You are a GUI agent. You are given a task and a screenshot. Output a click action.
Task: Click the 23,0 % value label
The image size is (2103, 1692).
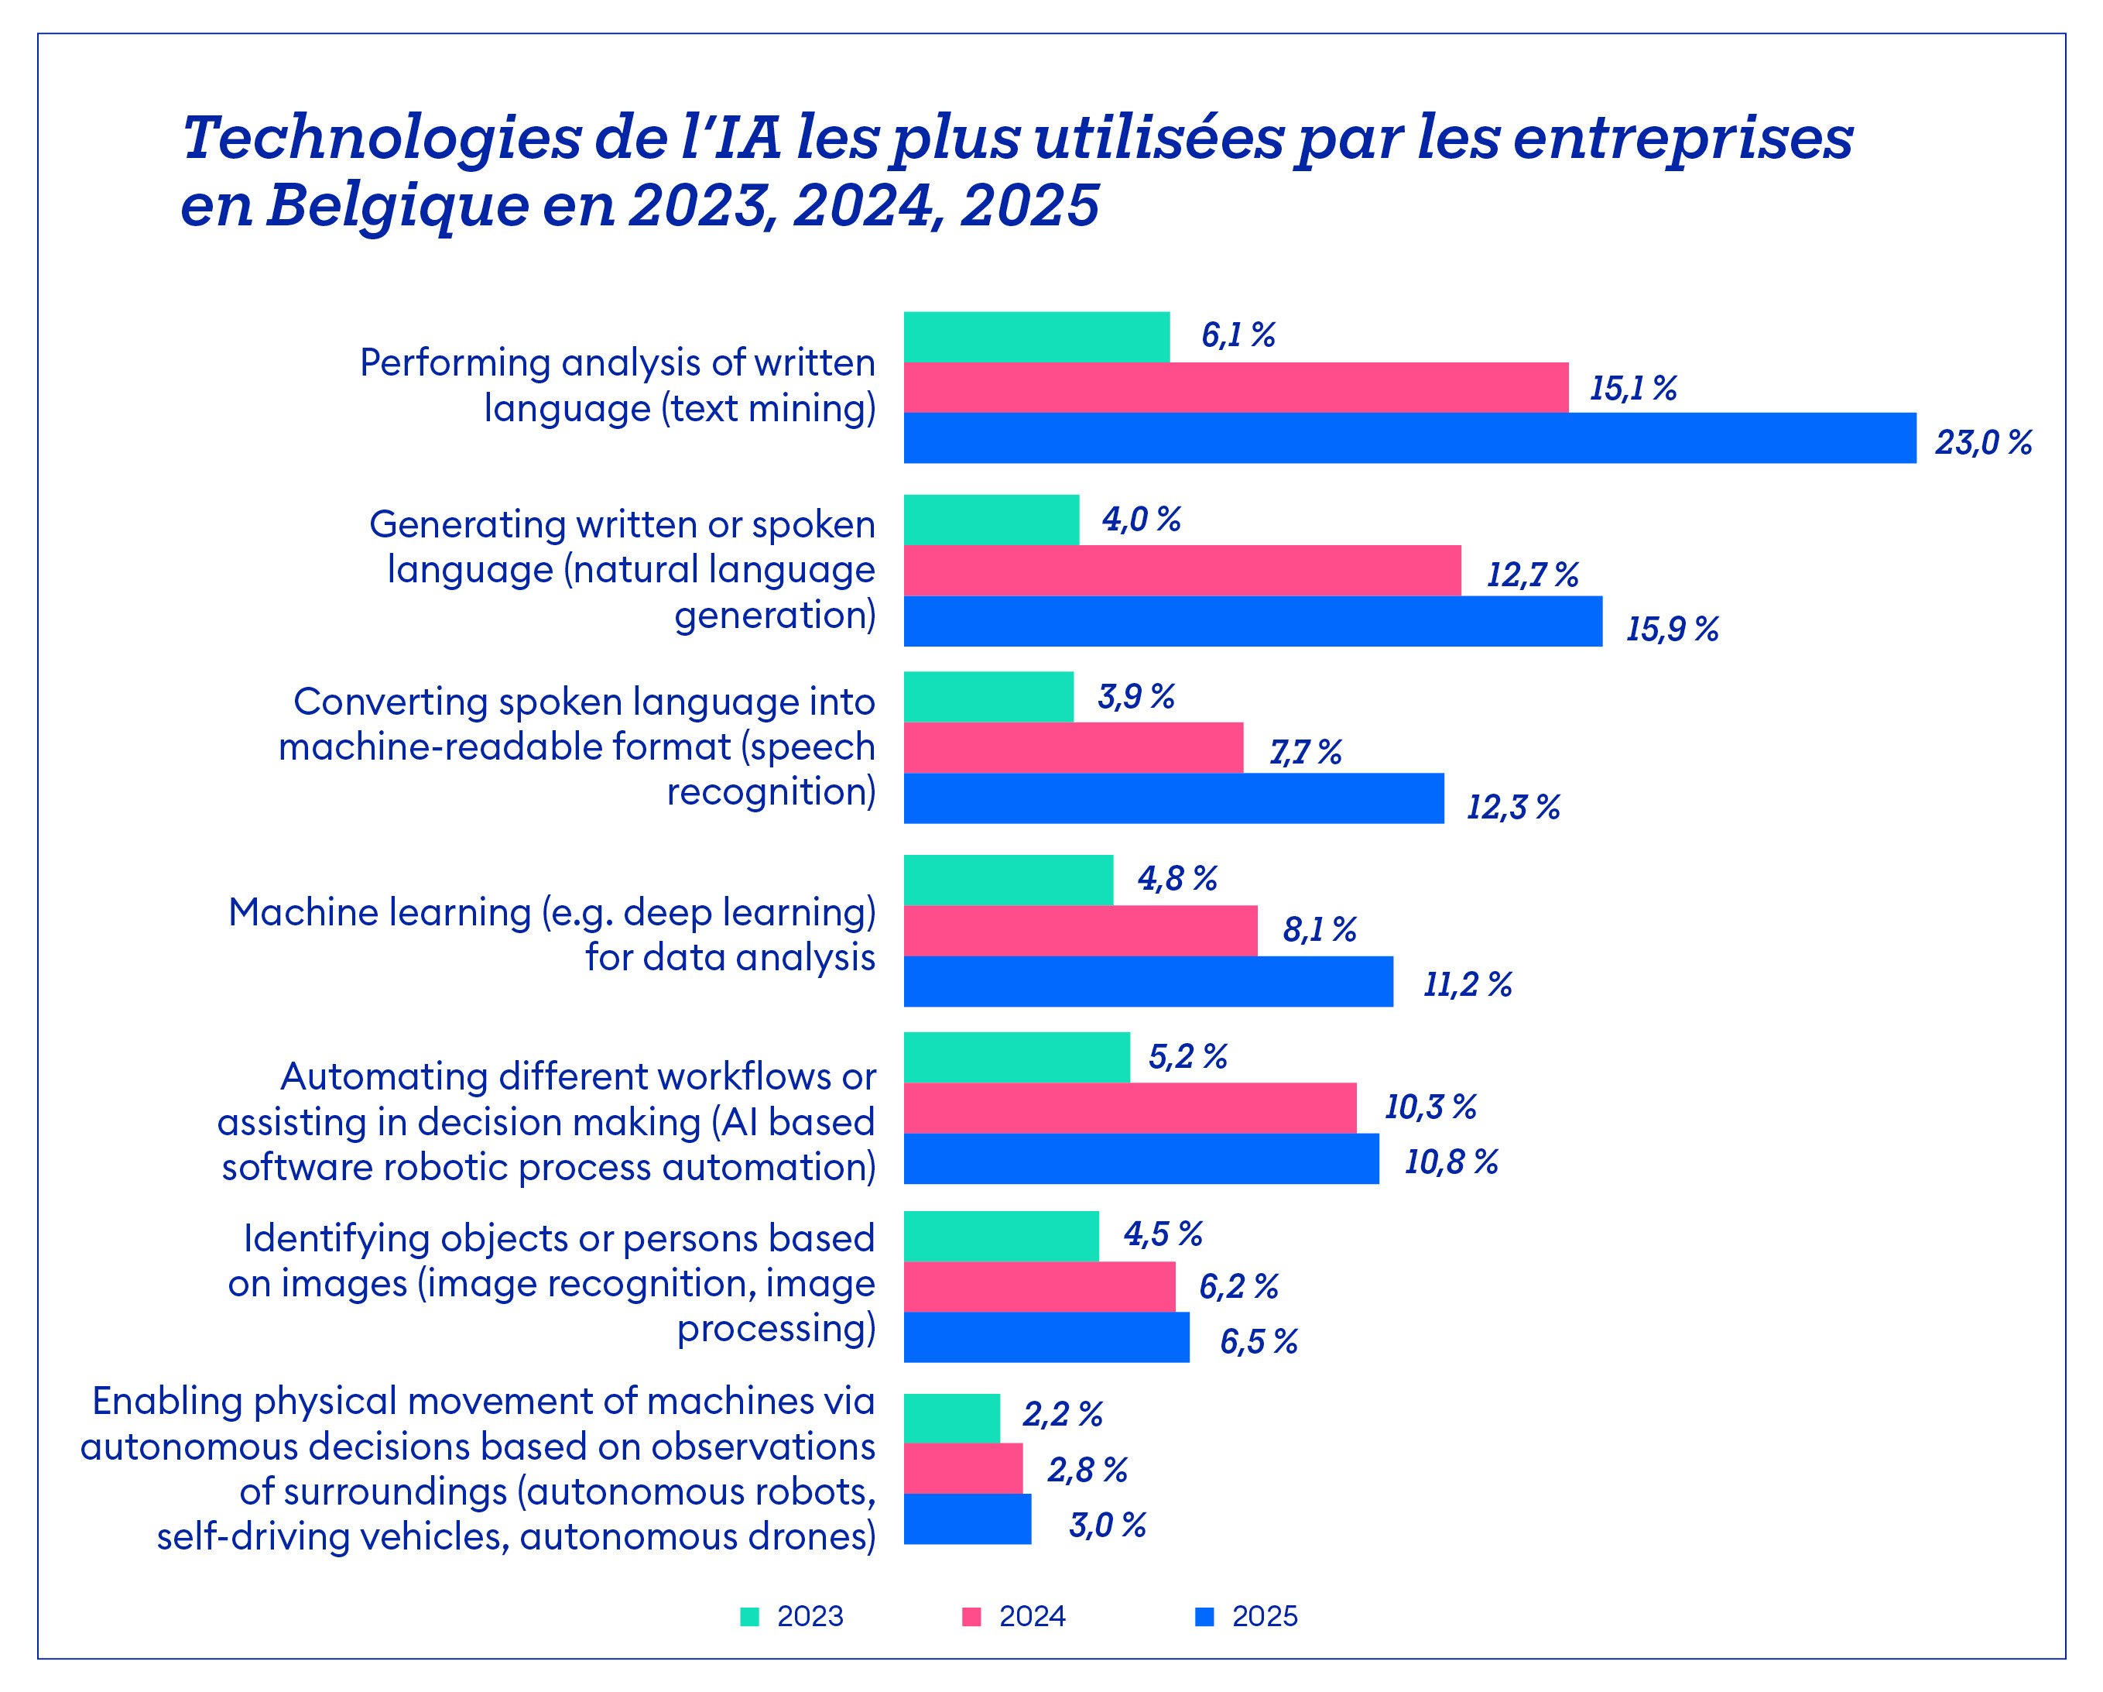coord(1983,444)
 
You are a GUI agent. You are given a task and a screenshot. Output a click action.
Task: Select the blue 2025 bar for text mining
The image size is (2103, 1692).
coord(1409,438)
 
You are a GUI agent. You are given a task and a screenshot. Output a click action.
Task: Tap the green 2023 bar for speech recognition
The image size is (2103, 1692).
coord(988,697)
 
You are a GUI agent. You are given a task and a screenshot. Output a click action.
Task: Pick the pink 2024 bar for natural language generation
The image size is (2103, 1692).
coord(1182,571)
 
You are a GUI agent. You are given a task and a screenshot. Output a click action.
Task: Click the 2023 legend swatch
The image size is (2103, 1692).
coord(749,1617)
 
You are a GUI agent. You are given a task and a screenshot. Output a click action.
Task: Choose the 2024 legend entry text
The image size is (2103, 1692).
coord(1032,1617)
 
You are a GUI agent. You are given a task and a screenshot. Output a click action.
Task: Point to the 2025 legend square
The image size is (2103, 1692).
coord(1204,1617)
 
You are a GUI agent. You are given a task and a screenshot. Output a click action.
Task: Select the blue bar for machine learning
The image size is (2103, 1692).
coord(1148,982)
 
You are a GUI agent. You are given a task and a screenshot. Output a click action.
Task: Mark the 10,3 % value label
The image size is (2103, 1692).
coord(1430,1107)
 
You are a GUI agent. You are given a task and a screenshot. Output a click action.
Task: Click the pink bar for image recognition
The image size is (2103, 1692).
coord(1039,1287)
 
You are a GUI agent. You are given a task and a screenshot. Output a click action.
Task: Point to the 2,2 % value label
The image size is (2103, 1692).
coord(1062,1415)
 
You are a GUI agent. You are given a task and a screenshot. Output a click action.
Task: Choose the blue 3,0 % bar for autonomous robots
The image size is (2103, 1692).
coord(967,1519)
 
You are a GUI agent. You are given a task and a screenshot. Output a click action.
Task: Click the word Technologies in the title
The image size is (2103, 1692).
coord(380,138)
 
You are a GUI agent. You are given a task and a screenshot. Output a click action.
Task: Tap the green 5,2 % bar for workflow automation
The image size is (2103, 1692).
coord(1016,1058)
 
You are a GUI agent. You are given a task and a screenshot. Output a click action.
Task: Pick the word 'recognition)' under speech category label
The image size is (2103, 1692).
coord(771,791)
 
